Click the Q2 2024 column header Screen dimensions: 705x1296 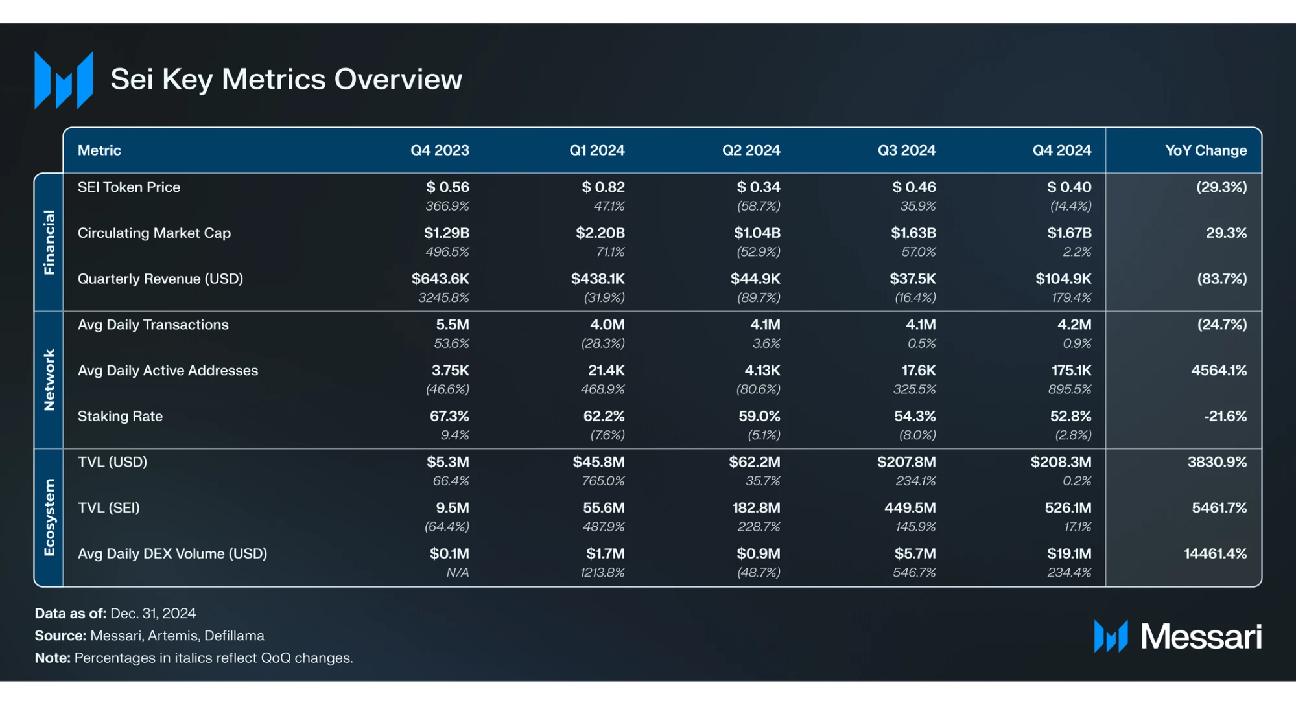point(751,150)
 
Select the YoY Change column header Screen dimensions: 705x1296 point(1205,150)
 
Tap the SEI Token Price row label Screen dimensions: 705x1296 point(129,187)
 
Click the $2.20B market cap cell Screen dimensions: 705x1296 point(600,233)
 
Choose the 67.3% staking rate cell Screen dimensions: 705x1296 point(449,416)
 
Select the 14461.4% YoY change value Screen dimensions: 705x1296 point(1215,554)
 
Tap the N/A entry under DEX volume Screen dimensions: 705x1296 point(457,573)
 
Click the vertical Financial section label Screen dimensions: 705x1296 point(49,242)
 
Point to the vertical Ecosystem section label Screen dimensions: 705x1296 point(49,517)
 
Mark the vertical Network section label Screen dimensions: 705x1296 point(49,380)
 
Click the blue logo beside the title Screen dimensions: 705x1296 point(64,80)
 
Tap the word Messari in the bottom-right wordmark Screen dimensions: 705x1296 point(1201,636)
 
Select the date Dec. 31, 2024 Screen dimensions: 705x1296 point(153,614)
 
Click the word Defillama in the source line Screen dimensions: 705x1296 point(234,636)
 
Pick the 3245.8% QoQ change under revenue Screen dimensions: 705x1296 point(443,298)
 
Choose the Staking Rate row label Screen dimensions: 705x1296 point(120,416)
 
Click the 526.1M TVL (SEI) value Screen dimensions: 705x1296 point(1068,508)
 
